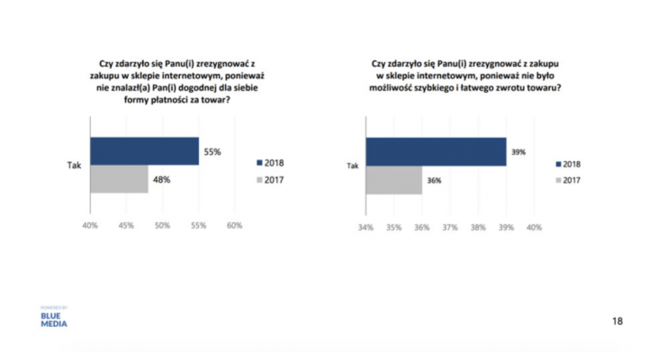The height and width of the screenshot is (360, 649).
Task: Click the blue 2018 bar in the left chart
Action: [144, 151]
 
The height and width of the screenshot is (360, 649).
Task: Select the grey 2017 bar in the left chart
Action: [119, 179]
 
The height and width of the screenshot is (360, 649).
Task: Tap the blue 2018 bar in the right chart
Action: [436, 151]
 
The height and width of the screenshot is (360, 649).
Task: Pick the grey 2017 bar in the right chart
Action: [393, 180]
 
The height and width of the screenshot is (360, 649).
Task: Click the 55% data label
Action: [212, 152]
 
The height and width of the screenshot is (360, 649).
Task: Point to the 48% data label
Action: [162, 180]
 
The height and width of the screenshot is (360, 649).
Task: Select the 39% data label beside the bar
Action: [518, 152]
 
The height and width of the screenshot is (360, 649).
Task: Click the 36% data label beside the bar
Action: [433, 180]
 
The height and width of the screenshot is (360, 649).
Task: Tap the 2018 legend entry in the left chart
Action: [273, 163]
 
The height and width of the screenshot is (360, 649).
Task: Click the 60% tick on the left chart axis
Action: [234, 225]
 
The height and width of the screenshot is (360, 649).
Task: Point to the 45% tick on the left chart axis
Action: [126, 225]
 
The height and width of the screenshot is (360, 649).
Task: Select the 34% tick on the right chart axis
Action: [365, 228]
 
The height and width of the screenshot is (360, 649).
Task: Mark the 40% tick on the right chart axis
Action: [534, 228]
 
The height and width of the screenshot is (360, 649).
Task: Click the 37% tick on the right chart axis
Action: [450, 228]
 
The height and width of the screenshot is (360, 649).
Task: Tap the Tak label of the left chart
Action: [76, 166]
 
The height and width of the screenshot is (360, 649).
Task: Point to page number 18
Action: [617, 320]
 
